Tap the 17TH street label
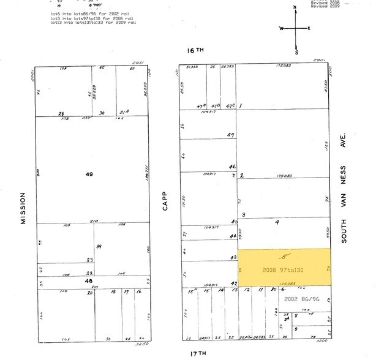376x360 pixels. point(197,353)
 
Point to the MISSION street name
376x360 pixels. point(23,208)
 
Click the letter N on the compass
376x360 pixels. point(295,7)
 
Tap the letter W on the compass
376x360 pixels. point(282,29)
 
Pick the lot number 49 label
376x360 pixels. point(89,174)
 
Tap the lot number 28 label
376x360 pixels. point(61,113)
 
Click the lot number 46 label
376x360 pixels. point(232,167)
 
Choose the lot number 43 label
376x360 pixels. point(233,257)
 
